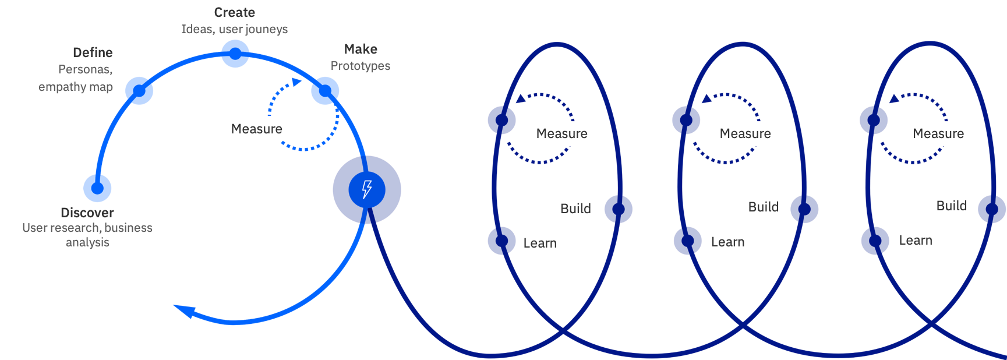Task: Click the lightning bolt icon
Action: (367, 189)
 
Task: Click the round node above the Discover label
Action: (97, 188)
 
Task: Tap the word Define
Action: (93, 52)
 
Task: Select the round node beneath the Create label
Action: (235, 54)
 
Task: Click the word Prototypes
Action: (361, 66)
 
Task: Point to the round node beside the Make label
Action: (325, 90)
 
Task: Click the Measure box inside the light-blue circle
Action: (257, 129)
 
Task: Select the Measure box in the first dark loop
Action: (562, 134)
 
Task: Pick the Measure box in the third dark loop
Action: (938, 134)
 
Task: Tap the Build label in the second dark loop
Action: (763, 207)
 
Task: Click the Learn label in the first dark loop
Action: (540, 243)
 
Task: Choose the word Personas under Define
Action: (85, 69)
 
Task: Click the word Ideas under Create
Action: (197, 29)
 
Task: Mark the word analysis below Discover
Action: (87, 242)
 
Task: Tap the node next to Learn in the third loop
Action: (875, 241)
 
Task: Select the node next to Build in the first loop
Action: (619, 209)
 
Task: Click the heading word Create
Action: (235, 12)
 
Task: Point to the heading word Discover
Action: (87, 213)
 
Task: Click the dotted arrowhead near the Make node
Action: (296, 82)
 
